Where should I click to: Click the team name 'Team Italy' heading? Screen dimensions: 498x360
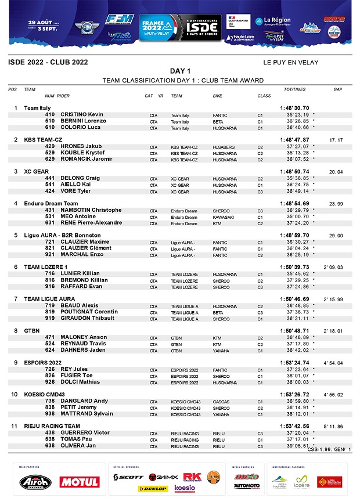click(37, 108)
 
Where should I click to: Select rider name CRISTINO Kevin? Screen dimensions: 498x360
click(82, 114)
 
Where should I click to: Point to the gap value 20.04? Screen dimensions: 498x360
click(336, 172)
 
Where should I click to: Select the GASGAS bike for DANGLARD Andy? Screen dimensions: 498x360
click(221, 401)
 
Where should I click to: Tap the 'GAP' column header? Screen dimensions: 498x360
click(337, 89)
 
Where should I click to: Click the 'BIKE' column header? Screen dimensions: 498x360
click(217, 96)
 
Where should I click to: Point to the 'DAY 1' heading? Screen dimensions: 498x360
click(180, 71)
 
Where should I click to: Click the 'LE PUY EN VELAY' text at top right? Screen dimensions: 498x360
click(290, 62)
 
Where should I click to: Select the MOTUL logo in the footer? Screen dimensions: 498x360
click(79, 482)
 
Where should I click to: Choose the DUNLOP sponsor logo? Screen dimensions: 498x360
click(156, 488)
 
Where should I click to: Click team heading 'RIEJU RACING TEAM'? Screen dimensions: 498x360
click(52, 426)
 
